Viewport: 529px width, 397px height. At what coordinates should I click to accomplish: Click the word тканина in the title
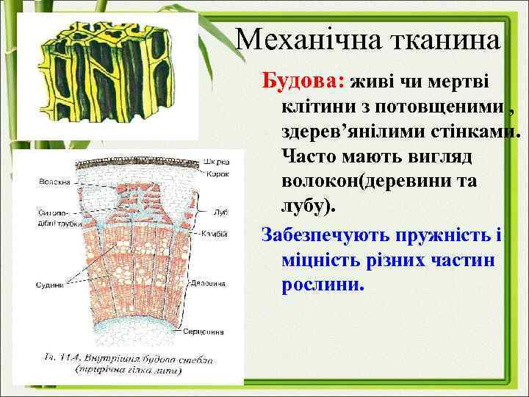pos(449,38)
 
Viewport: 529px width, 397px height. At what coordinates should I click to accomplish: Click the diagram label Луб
pos(220,212)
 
